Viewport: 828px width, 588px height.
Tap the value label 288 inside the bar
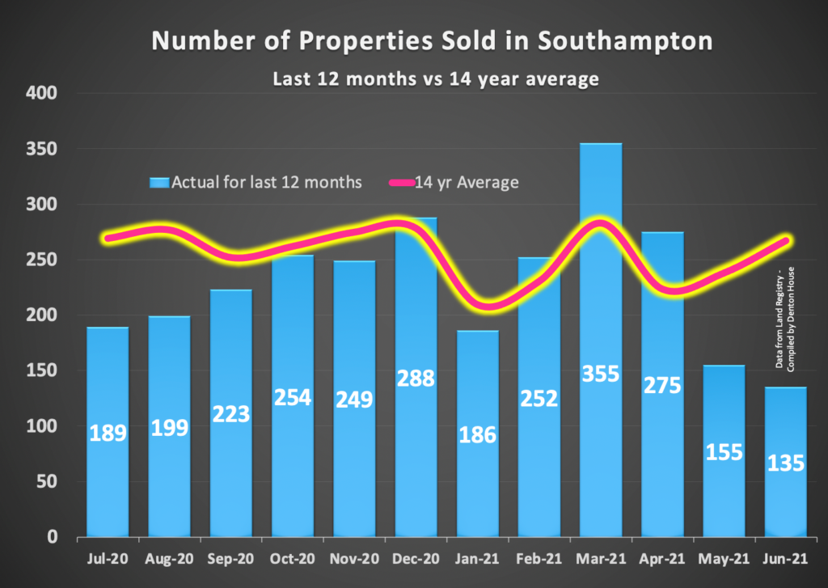click(x=416, y=379)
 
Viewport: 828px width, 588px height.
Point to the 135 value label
click(x=786, y=464)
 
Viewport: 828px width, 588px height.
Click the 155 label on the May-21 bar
click(x=724, y=451)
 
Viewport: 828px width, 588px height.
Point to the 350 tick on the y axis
click(x=43, y=150)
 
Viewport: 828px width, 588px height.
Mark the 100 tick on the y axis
click(x=43, y=426)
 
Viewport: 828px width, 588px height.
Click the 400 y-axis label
click(x=43, y=94)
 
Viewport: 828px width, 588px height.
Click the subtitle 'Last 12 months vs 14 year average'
click(x=413, y=79)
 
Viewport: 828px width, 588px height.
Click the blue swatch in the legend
click(x=159, y=183)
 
